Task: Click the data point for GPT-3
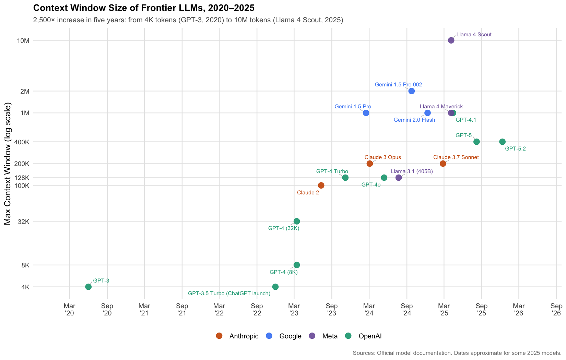88,287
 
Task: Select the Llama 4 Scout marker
451,40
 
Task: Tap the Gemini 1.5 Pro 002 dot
412,91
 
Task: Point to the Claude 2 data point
321,185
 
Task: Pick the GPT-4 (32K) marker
297,221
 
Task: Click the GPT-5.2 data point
502,142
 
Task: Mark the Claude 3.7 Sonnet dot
443,164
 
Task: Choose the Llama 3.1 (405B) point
399,178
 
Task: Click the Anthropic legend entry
237,336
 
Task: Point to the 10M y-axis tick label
23,40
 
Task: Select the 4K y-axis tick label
25,287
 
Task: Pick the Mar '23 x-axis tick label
294,309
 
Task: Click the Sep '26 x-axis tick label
556,309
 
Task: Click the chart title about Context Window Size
144,8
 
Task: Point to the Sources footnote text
457,353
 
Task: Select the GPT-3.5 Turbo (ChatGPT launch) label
229,293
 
